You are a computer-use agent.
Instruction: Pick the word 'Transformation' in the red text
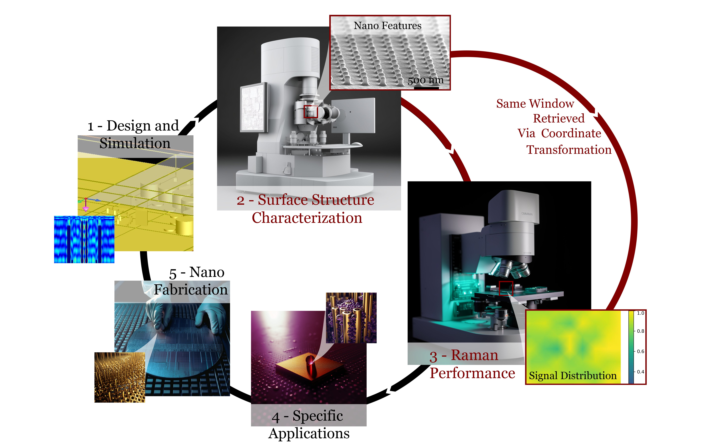pos(569,150)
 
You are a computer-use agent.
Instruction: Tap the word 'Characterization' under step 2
pos(307,218)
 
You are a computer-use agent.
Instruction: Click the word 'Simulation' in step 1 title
pos(135,143)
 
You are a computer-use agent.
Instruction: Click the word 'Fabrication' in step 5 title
pos(191,290)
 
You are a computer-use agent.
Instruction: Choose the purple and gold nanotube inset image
pos(351,318)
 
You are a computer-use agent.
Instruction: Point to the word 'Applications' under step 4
pos(309,433)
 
